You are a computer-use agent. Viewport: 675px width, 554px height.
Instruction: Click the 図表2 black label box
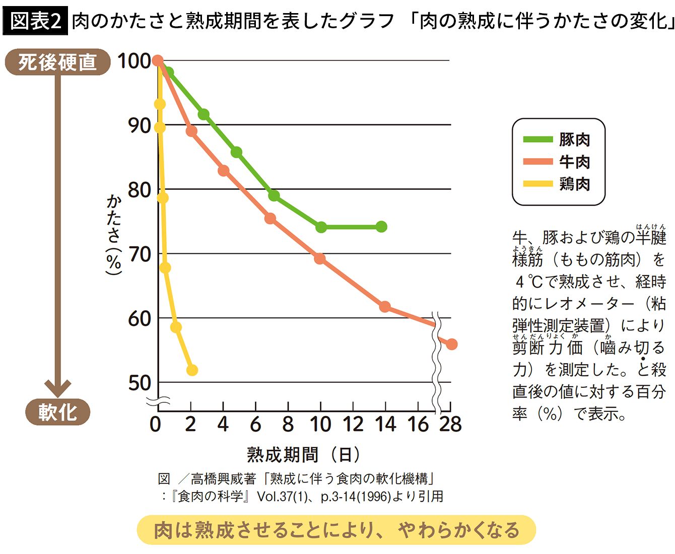pyautogui.click(x=35, y=21)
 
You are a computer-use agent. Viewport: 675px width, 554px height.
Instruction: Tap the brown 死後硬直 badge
pyautogui.click(x=57, y=62)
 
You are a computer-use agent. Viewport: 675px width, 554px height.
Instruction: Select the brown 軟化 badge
pyautogui.click(x=57, y=412)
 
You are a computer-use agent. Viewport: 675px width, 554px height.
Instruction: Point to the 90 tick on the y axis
pyautogui.click(x=139, y=125)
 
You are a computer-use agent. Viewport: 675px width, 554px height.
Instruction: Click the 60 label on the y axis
pyautogui.click(x=139, y=318)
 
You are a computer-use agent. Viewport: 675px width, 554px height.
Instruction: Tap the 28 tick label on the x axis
pyautogui.click(x=450, y=424)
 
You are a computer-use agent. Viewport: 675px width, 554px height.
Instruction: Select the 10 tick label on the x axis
pyautogui.click(x=320, y=424)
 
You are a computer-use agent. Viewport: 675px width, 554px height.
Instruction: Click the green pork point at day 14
pyautogui.click(x=381, y=227)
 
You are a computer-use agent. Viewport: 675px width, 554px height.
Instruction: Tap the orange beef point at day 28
pyautogui.click(x=451, y=344)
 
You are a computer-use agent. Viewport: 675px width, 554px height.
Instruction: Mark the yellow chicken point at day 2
pyautogui.click(x=192, y=370)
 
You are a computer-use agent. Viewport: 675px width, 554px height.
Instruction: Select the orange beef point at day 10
pyautogui.click(x=319, y=259)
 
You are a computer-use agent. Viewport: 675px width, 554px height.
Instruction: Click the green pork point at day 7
pyautogui.click(x=274, y=195)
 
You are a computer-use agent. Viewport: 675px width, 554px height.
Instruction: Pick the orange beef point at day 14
pyautogui.click(x=384, y=306)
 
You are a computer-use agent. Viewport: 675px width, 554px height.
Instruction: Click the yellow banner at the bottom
pyautogui.click(x=336, y=530)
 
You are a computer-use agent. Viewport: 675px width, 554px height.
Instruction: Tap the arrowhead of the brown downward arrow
pyautogui.click(x=57, y=388)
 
